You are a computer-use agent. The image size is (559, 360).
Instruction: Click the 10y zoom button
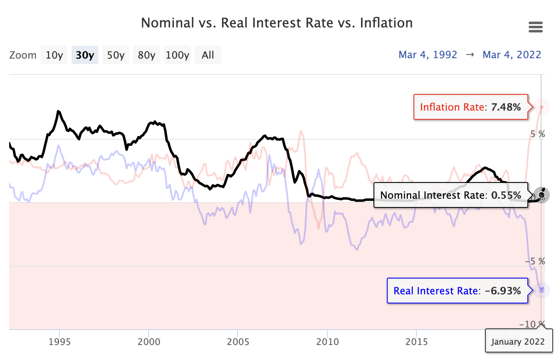point(54,55)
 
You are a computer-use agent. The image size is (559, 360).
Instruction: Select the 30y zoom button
point(85,55)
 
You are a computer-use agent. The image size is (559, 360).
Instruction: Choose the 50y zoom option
point(116,55)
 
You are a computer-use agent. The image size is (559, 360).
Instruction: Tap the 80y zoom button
point(146,55)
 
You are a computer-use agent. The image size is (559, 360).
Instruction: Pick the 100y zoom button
point(177,55)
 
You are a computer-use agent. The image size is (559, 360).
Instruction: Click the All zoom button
point(208,55)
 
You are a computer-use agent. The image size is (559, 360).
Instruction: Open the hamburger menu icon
point(535,27)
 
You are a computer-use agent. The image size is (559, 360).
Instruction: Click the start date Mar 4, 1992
point(428,55)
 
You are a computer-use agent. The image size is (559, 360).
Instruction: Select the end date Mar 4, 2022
point(512,55)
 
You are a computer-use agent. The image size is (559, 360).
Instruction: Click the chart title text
point(277,22)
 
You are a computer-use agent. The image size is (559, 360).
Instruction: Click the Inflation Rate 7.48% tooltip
point(470,107)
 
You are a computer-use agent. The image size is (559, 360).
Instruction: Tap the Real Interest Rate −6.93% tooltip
point(457,291)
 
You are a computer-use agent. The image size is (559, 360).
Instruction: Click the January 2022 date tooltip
point(518,342)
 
